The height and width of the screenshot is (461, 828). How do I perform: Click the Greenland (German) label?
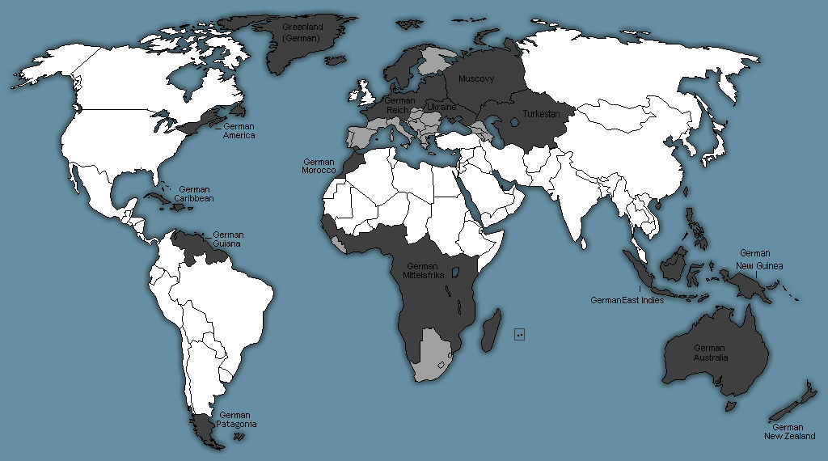coord(302,32)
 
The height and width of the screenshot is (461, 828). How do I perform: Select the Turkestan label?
coord(541,114)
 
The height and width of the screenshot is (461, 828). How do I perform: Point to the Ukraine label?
coord(441,107)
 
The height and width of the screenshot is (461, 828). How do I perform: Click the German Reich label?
coord(400,105)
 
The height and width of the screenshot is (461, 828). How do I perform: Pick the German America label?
coord(239,131)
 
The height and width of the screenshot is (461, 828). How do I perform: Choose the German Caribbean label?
coord(195,193)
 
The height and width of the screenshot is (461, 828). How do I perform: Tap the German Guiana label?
coord(228,239)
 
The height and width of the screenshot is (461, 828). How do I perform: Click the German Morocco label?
coord(319,166)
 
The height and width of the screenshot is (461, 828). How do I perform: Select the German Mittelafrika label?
coord(422,270)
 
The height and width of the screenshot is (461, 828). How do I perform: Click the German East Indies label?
coord(627,300)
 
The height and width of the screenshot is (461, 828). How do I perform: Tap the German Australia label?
coord(710,353)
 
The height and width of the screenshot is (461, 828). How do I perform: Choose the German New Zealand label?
coord(788,432)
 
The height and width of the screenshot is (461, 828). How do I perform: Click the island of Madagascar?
coord(491,332)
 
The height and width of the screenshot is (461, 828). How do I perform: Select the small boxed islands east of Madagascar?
coord(520,334)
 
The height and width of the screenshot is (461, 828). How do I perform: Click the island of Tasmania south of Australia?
coord(733,404)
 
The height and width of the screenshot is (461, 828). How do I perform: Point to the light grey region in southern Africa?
coord(433,356)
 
